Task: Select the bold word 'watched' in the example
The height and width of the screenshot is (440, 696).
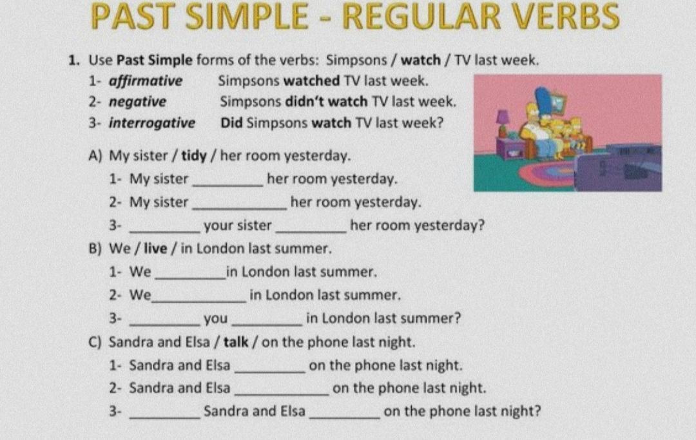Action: click(x=312, y=81)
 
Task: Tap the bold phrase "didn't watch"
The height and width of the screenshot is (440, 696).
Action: click(x=326, y=102)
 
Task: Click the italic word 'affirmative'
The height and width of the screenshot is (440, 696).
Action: click(x=146, y=81)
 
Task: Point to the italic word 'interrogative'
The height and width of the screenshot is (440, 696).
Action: click(x=152, y=123)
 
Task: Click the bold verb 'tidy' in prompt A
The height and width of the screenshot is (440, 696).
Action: click(x=194, y=156)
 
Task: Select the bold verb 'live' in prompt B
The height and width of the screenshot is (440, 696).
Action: click(x=155, y=249)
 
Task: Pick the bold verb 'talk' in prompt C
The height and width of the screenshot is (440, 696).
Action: click(x=236, y=342)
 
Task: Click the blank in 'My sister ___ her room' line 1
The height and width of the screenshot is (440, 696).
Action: click(x=228, y=186)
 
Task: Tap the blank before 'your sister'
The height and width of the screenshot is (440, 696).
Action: click(x=165, y=231)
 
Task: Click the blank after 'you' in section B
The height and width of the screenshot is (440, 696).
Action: click(x=267, y=324)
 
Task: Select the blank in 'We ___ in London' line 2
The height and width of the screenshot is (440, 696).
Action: click(x=198, y=301)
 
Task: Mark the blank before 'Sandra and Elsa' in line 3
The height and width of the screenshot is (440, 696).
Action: click(x=165, y=417)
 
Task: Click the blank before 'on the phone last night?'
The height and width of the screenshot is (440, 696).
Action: click(x=345, y=417)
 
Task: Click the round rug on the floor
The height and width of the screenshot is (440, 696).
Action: click(x=548, y=174)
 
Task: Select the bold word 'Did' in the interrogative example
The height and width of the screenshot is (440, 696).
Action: click(x=231, y=122)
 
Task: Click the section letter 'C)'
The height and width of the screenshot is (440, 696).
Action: click(x=95, y=343)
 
